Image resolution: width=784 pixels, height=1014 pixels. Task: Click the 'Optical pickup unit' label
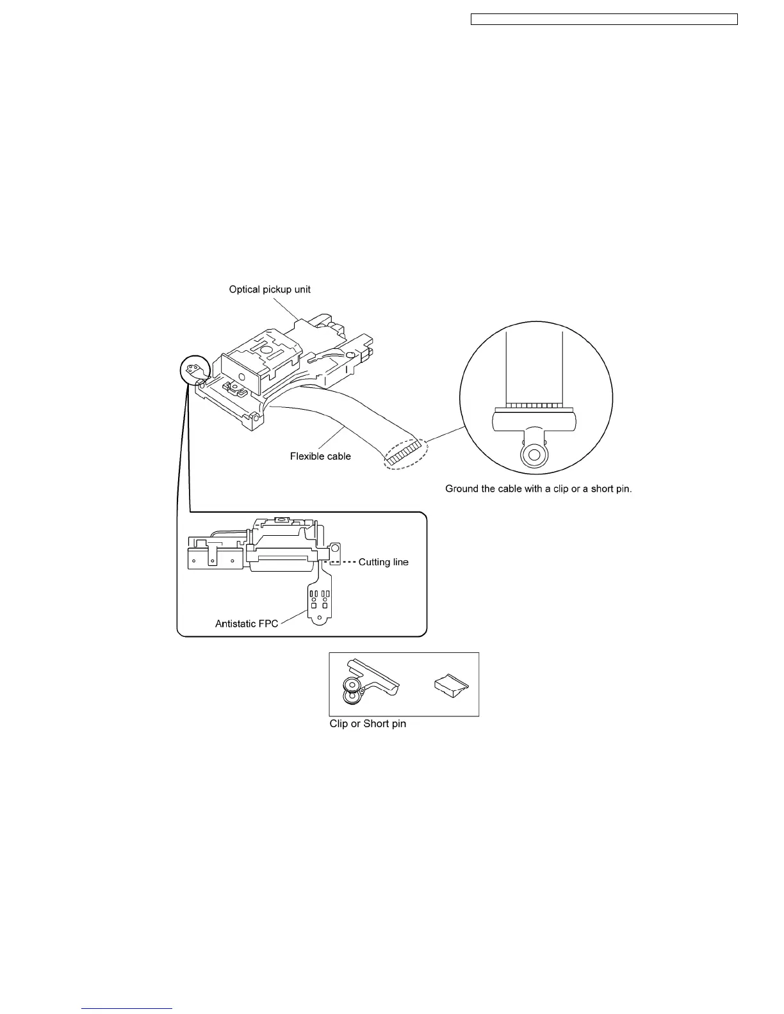pyautogui.click(x=270, y=289)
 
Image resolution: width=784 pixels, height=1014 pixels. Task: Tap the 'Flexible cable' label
pyautogui.click(x=320, y=456)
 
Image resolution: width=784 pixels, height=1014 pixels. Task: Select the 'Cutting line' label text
pyautogui.click(x=383, y=562)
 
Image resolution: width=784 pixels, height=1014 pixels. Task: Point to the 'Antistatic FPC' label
pyautogui.click(x=247, y=624)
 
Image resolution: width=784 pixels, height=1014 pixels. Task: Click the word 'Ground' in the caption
pyautogui.click(x=462, y=489)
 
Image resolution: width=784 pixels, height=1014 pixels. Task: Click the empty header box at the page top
pyautogui.click(x=604, y=19)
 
